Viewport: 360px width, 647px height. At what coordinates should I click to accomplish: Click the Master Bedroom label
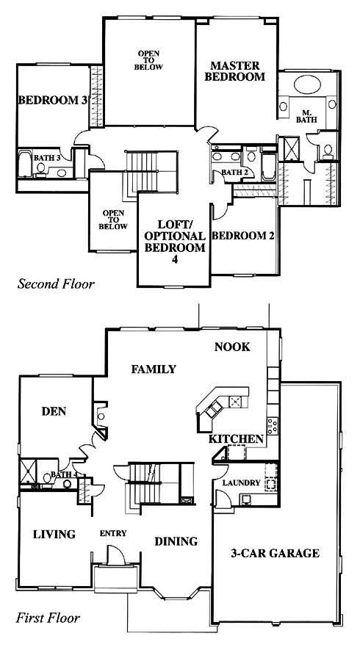pyautogui.click(x=235, y=71)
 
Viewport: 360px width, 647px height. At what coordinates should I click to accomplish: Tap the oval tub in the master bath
pyautogui.click(x=307, y=84)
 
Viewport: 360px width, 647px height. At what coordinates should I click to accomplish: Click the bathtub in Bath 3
pyautogui.click(x=25, y=164)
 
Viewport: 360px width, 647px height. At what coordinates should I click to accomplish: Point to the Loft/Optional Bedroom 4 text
pyautogui.click(x=175, y=242)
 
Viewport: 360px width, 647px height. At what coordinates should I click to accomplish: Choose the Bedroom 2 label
pyautogui.click(x=243, y=236)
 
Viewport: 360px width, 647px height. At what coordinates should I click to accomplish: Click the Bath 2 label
pyautogui.click(x=234, y=172)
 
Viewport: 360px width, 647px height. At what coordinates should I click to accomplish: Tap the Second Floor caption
pyautogui.click(x=56, y=284)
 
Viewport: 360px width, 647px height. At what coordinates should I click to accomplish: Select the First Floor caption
pyautogui.click(x=48, y=618)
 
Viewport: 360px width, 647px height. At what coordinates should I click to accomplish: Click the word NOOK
pyautogui.click(x=232, y=347)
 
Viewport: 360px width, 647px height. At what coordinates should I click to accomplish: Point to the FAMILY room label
pyautogui.click(x=154, y=369)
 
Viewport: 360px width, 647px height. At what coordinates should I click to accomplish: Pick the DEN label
pyautogui.click(x=54, y=411)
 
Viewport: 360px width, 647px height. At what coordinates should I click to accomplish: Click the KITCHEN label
pyautogui.click(x=236, y=439)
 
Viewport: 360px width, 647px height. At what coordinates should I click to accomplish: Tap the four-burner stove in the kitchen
pyautogui.click(x=273, y=426)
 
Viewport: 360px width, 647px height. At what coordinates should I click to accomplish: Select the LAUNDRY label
pyautogui.click(x=242, y=482)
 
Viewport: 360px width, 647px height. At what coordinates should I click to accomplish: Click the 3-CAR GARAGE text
pyautogui.click(x=275, y=553)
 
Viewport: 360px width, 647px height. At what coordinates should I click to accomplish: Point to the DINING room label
pyautogui.click(x=176, y=541)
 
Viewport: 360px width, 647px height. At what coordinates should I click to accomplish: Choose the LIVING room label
pyautogui.click(x=54, y=535)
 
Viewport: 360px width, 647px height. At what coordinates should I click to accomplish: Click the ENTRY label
pyautogui.click(x=113, y=533)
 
